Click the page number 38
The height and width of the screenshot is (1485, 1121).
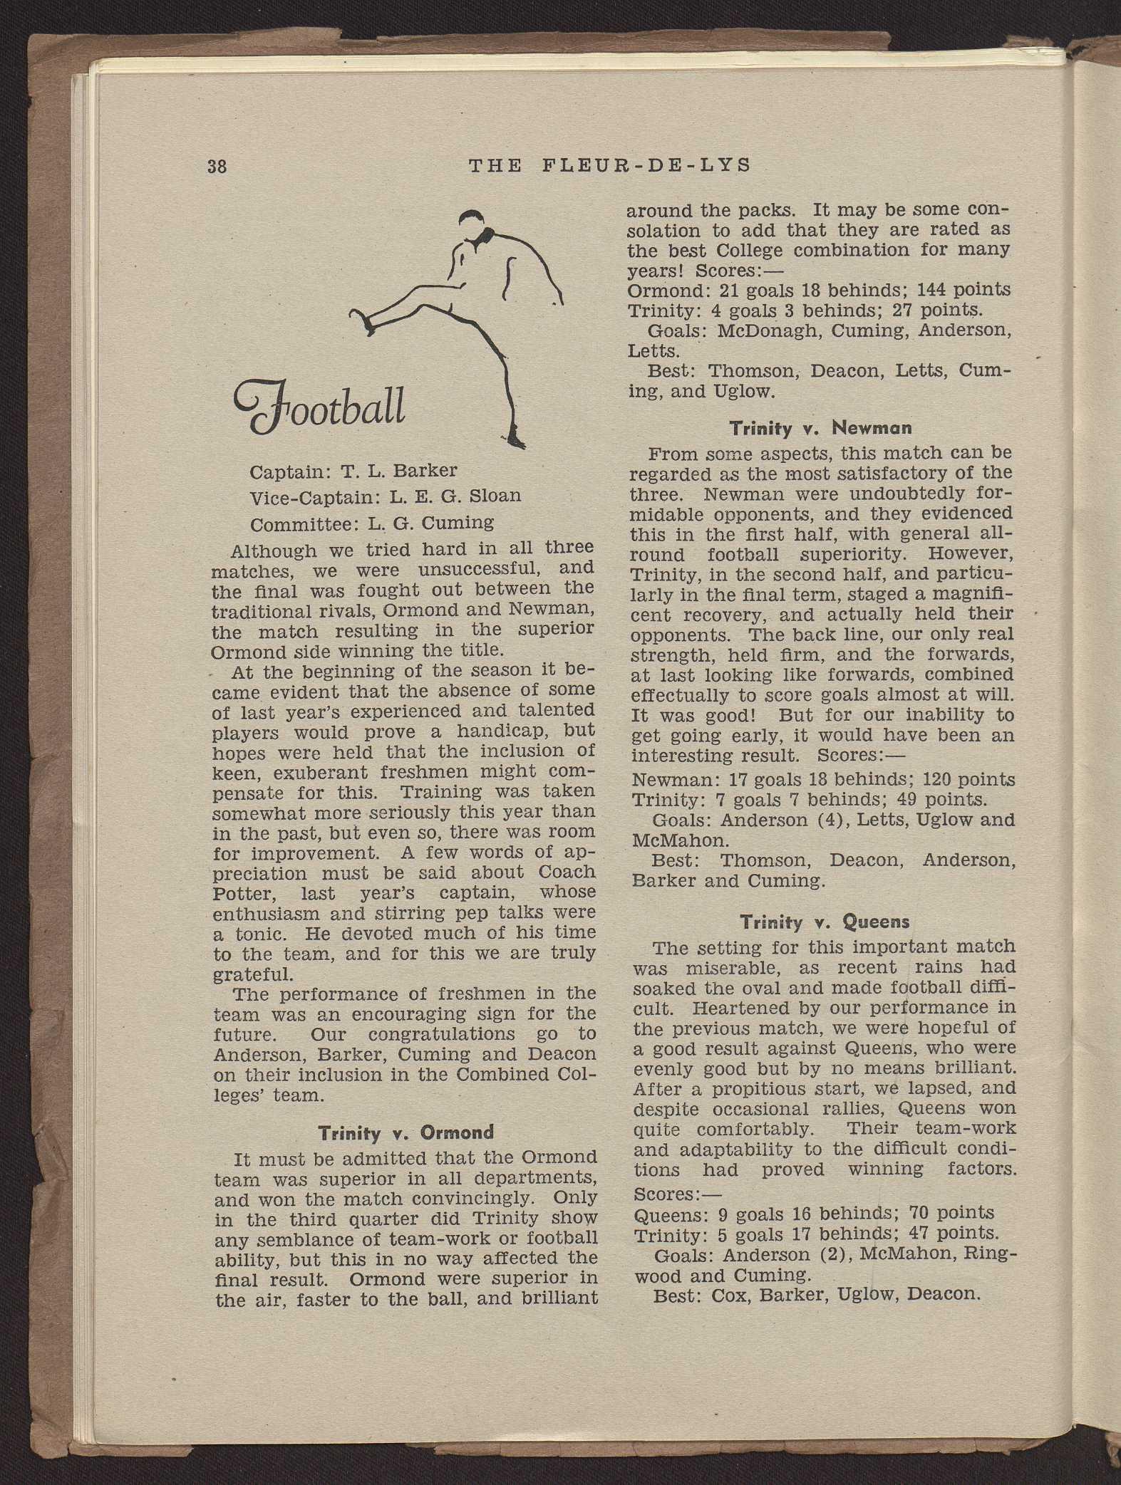pos(217,167)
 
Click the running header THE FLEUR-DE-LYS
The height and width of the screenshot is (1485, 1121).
pos(610,166)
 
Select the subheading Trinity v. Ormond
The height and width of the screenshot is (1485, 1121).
pos(405,1132)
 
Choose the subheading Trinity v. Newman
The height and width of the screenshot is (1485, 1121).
pos(820,428)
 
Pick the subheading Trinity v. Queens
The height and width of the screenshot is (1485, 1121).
pos(825,922)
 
